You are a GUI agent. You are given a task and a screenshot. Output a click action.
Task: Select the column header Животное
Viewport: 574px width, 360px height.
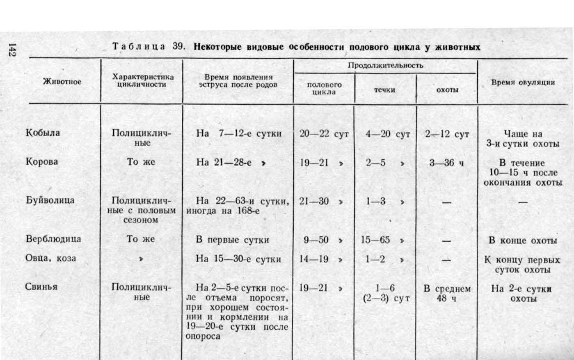pyautogui.click(x=62, y=81)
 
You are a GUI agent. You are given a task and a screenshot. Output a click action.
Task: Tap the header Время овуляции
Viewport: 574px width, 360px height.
pyautogui.click(x=523, y=82)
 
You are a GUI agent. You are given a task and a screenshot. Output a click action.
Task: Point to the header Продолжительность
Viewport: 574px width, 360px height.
pyautogui.click(x=385, y=65)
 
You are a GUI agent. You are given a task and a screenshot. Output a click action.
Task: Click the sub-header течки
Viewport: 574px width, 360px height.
pyautogui.click(x=384, y=89)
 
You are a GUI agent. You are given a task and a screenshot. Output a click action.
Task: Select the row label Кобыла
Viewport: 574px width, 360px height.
pyautogui.click(x=43, y=133)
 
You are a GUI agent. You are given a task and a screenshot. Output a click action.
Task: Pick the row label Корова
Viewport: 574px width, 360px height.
pyautogui.click(x=42, y=161)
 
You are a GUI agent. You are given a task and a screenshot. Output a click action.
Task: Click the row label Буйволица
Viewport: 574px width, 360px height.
pyautogui.click(x=50, y=200)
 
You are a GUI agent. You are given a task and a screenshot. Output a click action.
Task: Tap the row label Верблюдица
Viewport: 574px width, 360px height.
pyautogui.click(x=53, y=239)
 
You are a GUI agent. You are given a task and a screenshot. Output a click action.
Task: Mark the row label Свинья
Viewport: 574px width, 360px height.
pyautogui.click(x=41, y=287)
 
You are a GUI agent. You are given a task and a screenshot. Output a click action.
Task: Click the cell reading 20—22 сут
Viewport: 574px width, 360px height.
pyautogui.click(x=324, y=134)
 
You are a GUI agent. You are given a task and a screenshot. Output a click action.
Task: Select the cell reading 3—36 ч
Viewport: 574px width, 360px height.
pyautogui.click(x=446, y=163)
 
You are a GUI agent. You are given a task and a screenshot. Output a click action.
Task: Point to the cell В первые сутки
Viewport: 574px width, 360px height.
pyautogui.click(x=232, y=240)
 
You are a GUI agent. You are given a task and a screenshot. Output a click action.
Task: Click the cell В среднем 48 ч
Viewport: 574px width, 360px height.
pyautogui.click(x=447, y=293)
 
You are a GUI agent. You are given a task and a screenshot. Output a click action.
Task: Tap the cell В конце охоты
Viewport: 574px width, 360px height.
pyautogui.click(x=523, y=241)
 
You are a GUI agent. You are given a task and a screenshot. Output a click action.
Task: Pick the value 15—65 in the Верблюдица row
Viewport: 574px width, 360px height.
pyautogui.click(x=375, y=240)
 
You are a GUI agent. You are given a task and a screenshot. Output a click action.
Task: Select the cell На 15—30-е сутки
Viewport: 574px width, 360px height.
pyautogui.click(x=238, y=259)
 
